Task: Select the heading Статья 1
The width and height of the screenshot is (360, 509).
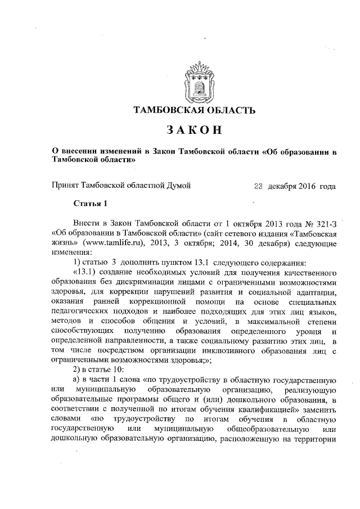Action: click(89, 203)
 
